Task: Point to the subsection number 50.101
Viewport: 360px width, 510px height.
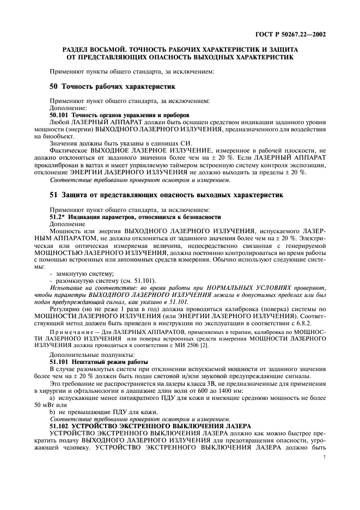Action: pos(60,115)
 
